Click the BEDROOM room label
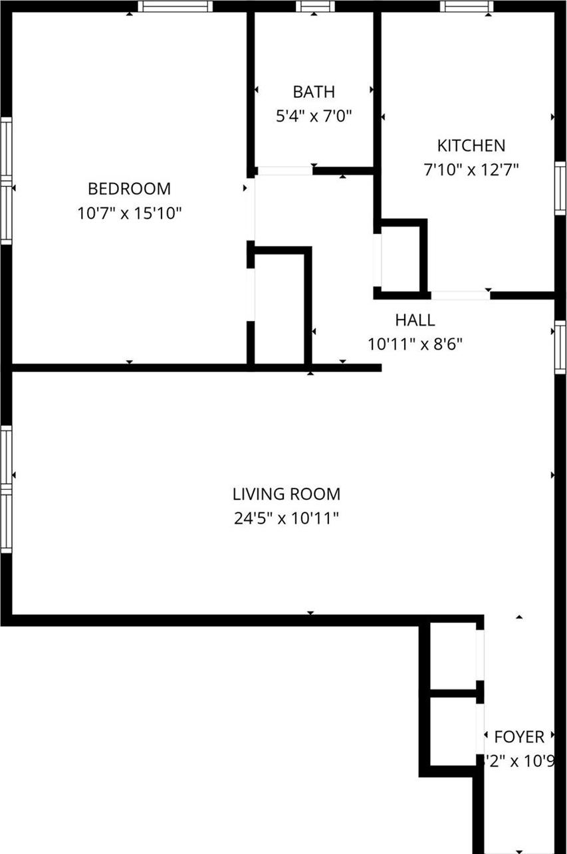click(x=129, y=189)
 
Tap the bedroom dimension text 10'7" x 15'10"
click(x=129, y=213)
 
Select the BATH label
click(x=314, y=92)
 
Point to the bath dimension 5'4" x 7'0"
click(x=314, y=116)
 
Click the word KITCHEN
click(x=471, y=146)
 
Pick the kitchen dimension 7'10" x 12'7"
click(x=471, y=170)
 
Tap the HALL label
click(x=415, y=320)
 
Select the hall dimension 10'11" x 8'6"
click(x=415, y=344)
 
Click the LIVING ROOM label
click(x=286, y=494)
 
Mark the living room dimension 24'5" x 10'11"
click(x=286, y=518)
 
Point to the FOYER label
click(x=519, y=737)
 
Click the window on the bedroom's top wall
click(x=175, y=7)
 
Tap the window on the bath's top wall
click(x=316, y=7)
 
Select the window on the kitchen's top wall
click(x=467, y=7)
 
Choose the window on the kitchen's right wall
click(x=560, y=187)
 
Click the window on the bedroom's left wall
click(x=6, y=180)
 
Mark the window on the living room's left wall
click(x=6, y=490)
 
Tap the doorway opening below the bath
click(x=284, y=171)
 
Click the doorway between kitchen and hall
click(x=461, y=295)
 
